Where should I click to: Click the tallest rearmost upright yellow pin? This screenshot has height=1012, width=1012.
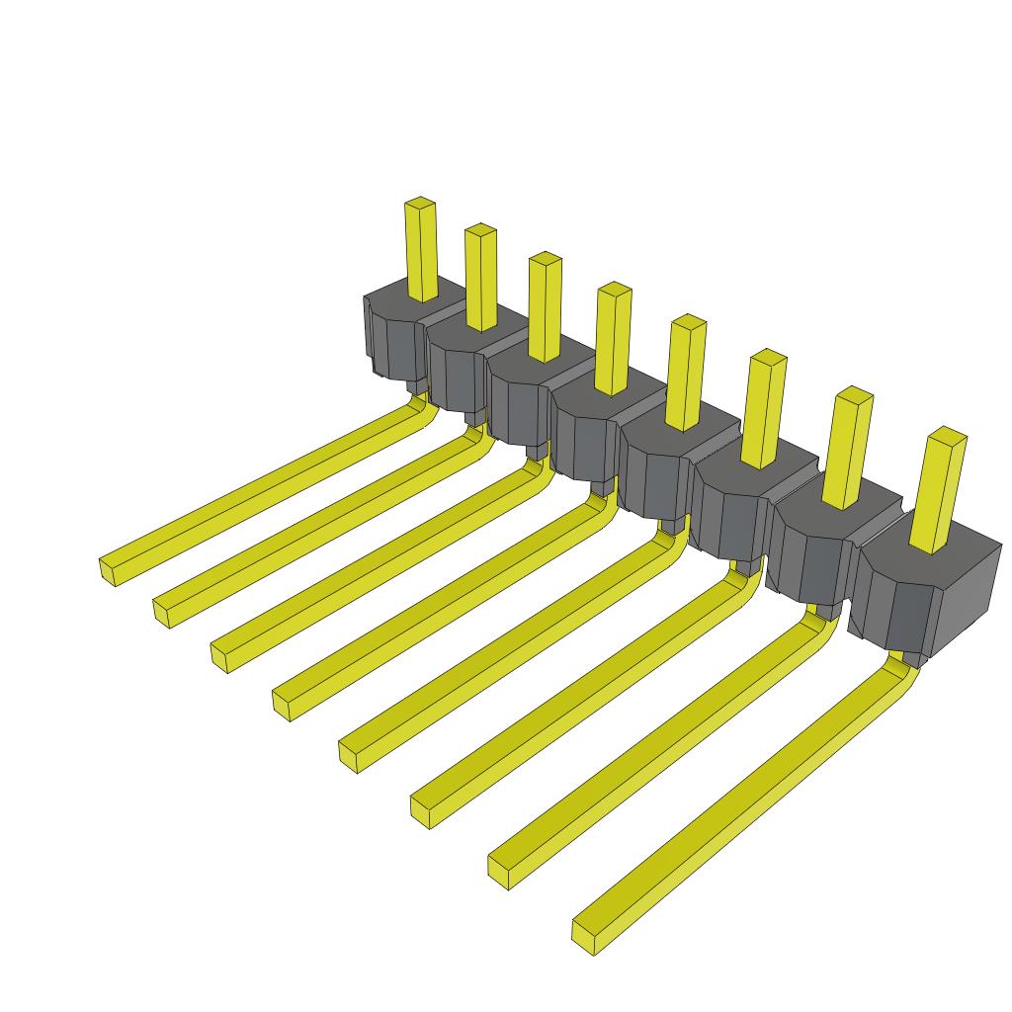(x=421, y=252)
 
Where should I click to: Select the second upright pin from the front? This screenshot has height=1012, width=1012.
(x=848, y=450)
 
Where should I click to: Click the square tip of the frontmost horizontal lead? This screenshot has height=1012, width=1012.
(x=585, y=933)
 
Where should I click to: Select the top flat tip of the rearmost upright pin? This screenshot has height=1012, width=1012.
(x=420, y=203)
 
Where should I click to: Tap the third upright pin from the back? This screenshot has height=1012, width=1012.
(x=545, y=308)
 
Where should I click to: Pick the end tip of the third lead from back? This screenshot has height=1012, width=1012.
(x=222, y=655)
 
